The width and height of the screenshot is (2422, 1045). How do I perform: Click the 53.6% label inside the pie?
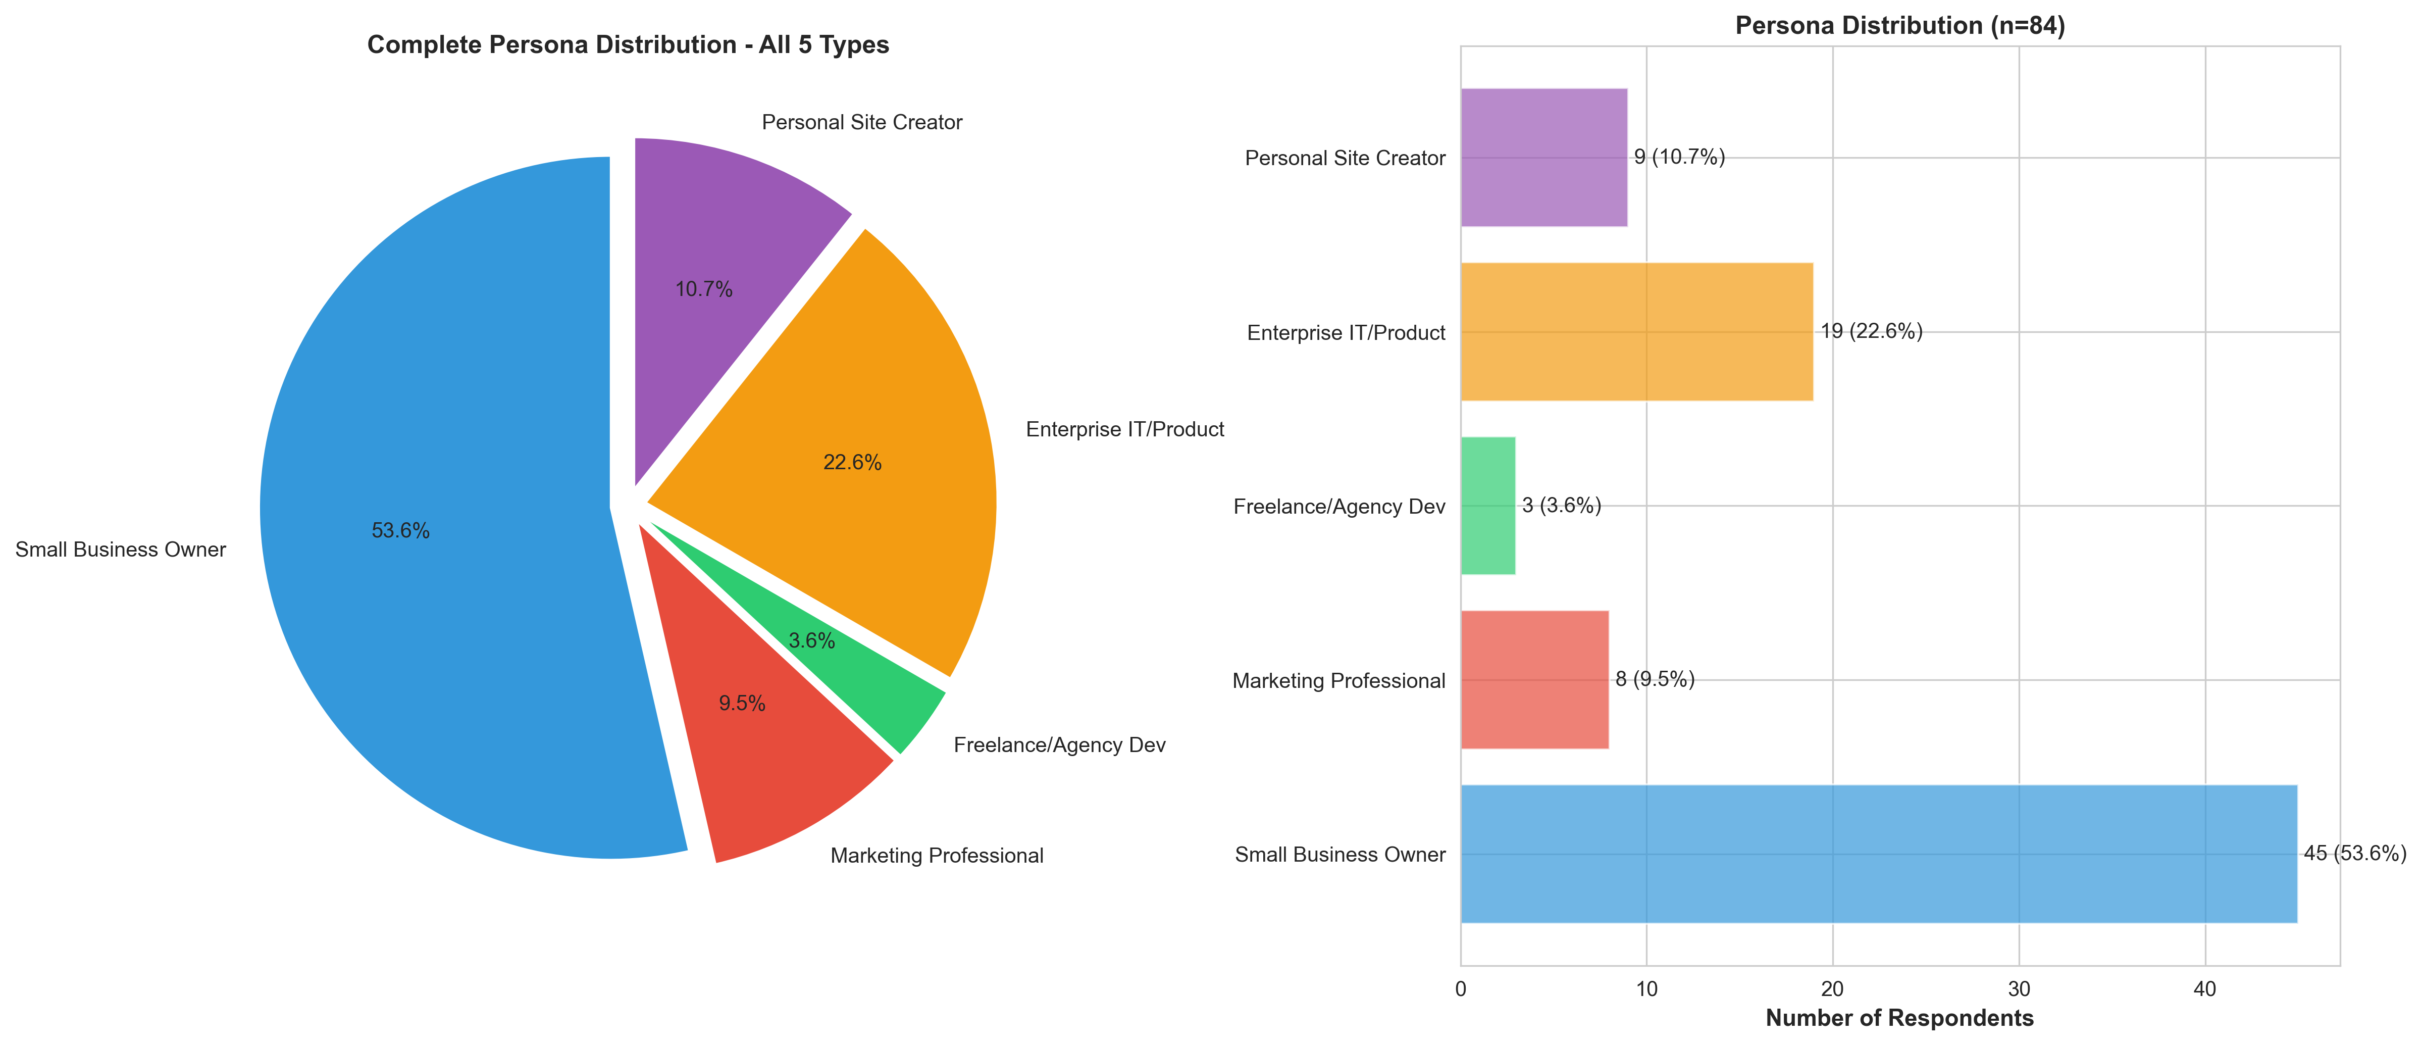coord(400,530)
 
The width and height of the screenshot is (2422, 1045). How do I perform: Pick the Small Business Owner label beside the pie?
coord(120,550)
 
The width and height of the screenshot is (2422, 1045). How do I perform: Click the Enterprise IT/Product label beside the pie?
coord(1124,430)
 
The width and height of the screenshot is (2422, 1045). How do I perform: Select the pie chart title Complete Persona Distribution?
coord(628,45)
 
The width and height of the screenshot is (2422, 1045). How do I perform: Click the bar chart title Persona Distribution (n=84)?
coord(1899,25)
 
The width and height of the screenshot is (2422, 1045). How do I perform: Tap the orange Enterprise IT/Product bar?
coord(1636,331)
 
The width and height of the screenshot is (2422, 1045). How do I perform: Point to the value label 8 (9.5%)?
coord(1655,679)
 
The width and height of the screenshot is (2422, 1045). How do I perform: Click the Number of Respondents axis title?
coord(1899,1019)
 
